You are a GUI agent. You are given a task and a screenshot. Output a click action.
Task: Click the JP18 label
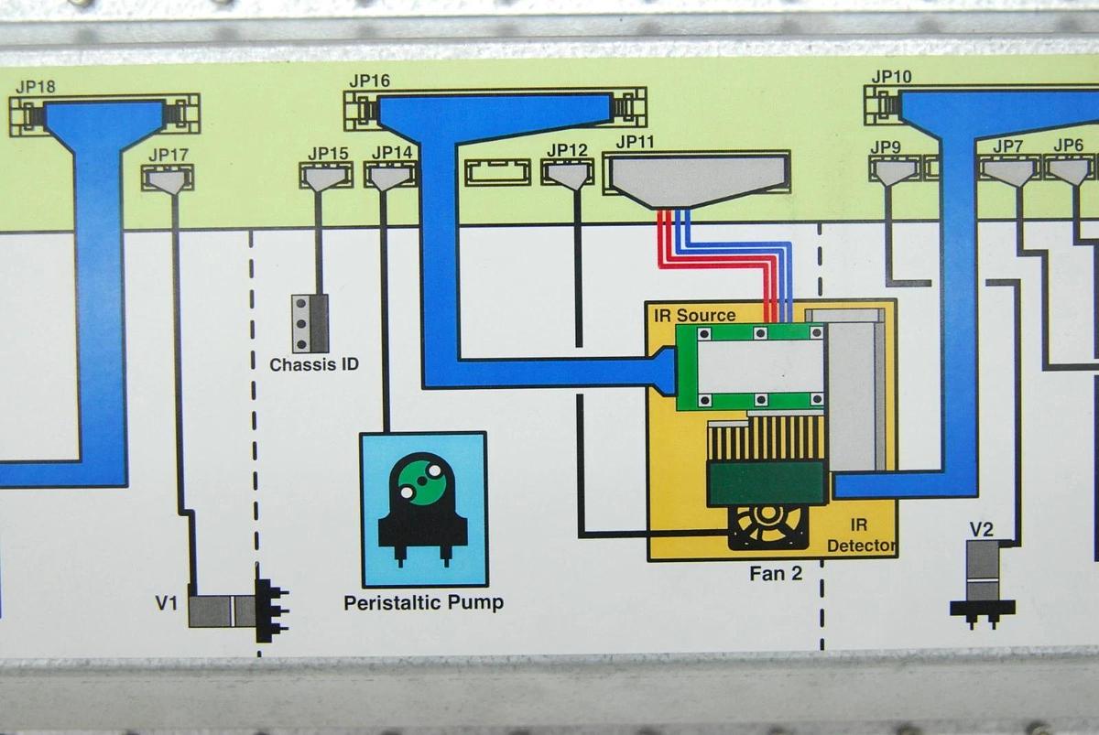tap(36, 87)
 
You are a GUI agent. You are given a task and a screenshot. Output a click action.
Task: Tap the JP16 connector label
tap(369, 81)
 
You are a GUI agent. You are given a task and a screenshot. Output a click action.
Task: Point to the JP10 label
tap(891, 77)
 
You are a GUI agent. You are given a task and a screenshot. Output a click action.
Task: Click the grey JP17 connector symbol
tap(168, 179)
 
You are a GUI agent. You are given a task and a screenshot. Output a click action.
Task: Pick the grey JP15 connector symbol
tap(325, 177)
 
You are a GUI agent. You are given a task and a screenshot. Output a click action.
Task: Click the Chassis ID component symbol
tap(310, 323)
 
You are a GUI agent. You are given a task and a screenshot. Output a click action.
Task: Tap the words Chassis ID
tap(314, 364)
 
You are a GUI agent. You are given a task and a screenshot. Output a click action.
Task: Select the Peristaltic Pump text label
tap(423, 603)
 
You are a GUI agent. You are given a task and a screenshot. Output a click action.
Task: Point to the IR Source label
tap(694, 315)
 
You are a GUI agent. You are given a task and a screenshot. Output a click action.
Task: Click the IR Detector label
tap(860, 536)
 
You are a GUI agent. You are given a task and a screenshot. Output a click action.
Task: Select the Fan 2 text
tap(775, 575)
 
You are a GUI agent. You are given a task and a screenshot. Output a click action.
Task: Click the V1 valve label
tap(166, 603)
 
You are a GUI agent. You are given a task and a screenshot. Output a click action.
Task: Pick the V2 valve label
tap(982, 529)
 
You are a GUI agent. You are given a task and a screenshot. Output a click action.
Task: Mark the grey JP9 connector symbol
tap(893, 172)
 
